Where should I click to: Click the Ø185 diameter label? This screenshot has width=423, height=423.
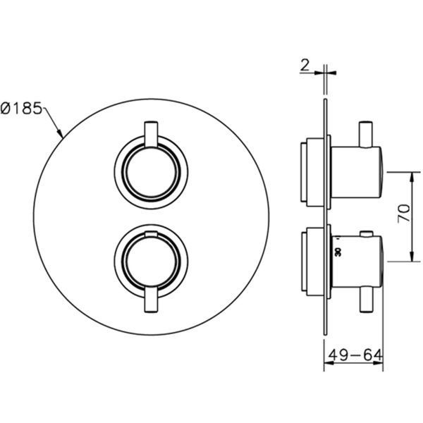[22, 108]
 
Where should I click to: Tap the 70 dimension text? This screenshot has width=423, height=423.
[404, 214]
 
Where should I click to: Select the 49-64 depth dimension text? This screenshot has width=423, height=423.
[355, 355]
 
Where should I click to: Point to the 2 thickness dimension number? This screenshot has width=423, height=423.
[305, 66]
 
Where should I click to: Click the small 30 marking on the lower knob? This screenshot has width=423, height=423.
[338, 252]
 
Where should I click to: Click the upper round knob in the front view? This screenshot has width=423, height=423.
[151, 173]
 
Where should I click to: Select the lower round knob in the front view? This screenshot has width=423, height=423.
[151, 261]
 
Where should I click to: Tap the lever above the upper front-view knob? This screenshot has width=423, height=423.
[151, 135]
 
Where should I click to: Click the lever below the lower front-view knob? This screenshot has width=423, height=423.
[151, 300]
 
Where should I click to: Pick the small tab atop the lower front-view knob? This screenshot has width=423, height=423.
[151, 234]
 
